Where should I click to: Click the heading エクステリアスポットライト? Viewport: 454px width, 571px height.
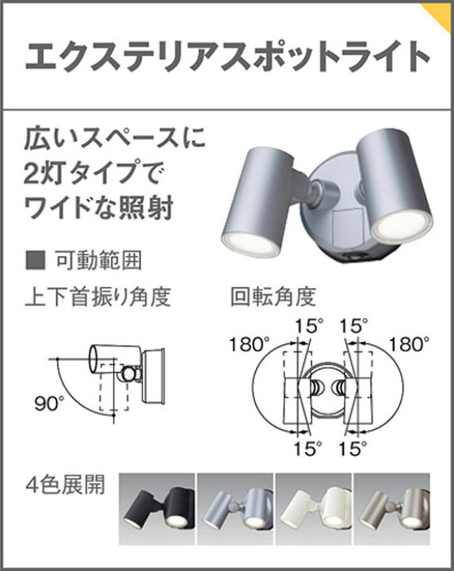tap(227, 56)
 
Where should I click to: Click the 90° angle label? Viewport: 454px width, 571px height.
tap(49, 404)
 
